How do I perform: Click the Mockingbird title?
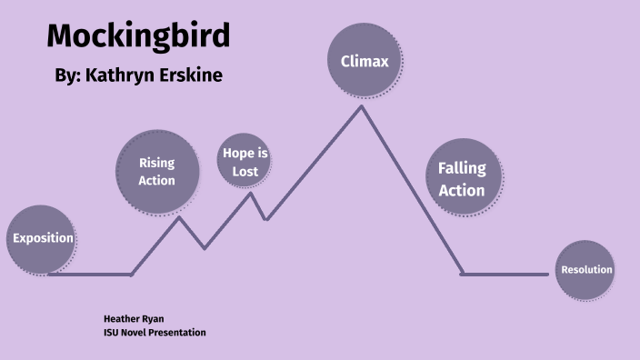138,36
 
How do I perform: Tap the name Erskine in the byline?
192,75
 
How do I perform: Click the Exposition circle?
41,239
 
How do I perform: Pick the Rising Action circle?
156,171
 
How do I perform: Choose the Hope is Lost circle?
245,162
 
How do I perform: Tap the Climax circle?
364,62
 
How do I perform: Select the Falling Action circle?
462,179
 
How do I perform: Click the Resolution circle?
586,270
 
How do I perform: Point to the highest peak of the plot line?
362,106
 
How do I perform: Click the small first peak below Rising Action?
179,216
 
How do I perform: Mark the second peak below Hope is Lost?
251,193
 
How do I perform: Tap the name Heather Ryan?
134,319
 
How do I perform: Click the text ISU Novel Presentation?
155,333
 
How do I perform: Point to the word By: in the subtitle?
67,75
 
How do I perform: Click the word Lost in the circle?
245,171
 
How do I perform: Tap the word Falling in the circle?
462,168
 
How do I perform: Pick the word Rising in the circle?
156,163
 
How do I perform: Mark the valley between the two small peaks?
205,247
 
